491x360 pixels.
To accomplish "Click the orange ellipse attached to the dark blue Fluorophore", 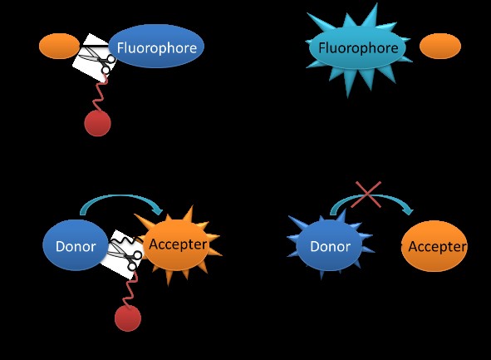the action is (59, 46).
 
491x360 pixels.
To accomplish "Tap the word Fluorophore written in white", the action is (157, 48).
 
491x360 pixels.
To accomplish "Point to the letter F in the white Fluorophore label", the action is (120, 48).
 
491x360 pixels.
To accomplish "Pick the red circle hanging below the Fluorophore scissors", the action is (97, 123).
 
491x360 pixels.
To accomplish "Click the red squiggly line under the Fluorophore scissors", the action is (100, 94).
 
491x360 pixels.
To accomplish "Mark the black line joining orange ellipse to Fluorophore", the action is (95, 47).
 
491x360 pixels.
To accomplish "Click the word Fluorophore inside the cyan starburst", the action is (358, 48).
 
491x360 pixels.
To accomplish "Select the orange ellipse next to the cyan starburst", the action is (440, 46).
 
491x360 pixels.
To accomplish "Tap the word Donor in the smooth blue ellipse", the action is (76, 246).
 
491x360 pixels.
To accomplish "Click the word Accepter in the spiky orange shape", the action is (178, 244).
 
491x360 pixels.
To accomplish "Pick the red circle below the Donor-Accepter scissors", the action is (128, 318).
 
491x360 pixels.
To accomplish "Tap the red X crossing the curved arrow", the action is (366, 195).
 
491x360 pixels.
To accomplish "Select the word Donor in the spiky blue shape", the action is (330, 246).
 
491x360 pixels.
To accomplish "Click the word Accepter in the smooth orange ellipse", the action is (437, 246).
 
